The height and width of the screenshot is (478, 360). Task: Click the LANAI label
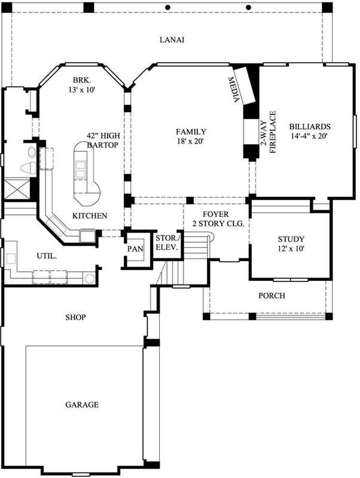pyautogui.click(x=172, y=40)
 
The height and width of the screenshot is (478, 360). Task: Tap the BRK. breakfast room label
pyautogui.click(x=81, y=79)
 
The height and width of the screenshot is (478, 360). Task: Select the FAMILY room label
pyautogui.click(x=191, y=131)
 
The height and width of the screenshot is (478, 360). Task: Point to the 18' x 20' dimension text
pyautogui.click(x=191, y=142)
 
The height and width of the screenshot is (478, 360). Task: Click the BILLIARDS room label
pyautogui.click(x=309, y=127)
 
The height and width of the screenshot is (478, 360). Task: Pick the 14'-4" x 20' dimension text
pyautogui.click(x=309, y=136)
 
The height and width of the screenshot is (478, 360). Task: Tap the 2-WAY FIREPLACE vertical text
pyautogui.click(x=267, y=133)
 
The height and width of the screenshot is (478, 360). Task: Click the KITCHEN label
pyautogui.click(x=90, y=216)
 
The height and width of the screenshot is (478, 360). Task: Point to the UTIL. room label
pyautogui.click(x=47, y=256)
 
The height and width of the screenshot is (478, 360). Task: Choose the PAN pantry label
pyautogui.click(x=135, y=249)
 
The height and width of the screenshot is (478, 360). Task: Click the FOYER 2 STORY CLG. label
pyautogui.click(x=215, y=219)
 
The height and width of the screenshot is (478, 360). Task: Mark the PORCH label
pyautogui.click(x=271, y=296)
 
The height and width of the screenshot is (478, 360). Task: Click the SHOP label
pyautogui.click(x=75, y=317)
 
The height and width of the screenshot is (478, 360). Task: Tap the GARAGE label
pyautogui.click(x=82, y=405)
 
